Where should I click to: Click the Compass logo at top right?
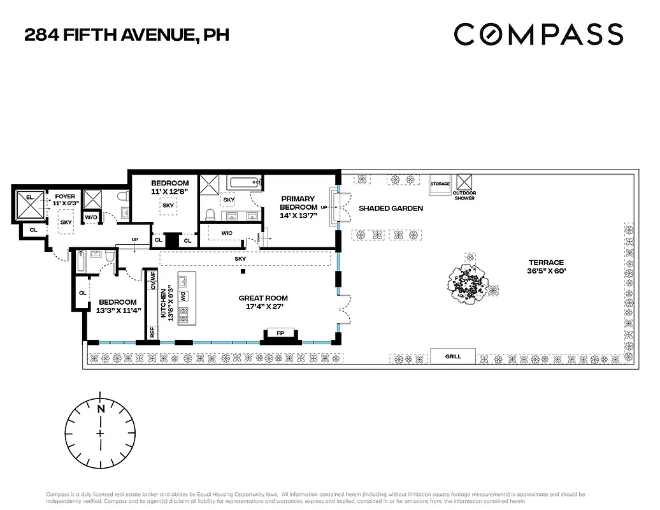(x=538, y=34)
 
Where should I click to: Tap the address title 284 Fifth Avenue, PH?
(x=126, y=34)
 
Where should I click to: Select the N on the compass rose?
(x=100, y=409)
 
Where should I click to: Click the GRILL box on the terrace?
(x=452, y=356)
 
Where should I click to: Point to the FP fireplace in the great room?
(x=280, y=333)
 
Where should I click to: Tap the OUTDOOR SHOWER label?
(x=464, y=195)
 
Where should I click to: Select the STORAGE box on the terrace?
(x=440, y=184)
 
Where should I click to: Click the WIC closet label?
(x=227, y=233)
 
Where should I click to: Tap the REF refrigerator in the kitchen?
(x=153, y=332)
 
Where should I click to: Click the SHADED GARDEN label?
(x=391, y=208)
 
